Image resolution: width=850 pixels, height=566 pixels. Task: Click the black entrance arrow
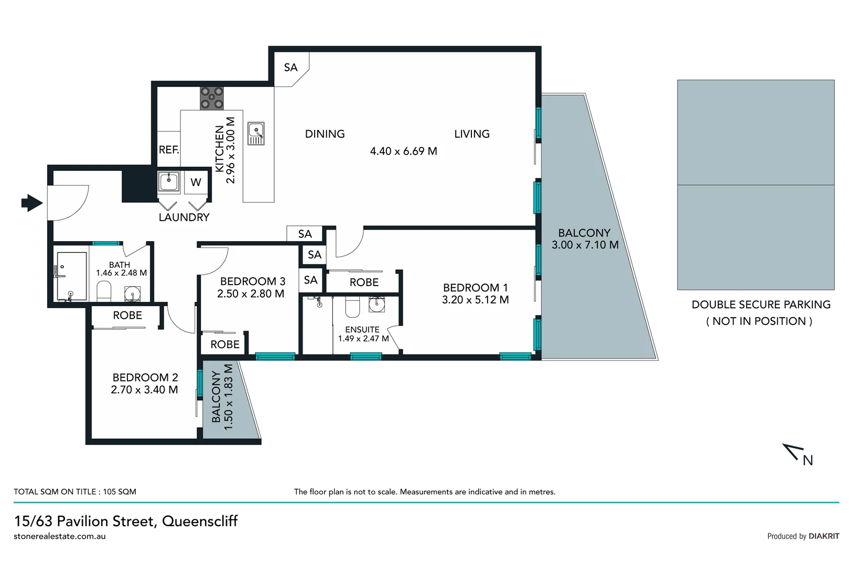[x=32, y=202]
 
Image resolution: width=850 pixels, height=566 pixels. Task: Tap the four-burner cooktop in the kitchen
[x=212, y=98]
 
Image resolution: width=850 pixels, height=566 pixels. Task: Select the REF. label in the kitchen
[x=169, y=150]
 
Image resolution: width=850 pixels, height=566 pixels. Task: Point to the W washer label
[x=196, y=182]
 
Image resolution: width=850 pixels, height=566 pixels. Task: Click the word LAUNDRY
[x=184, y=217]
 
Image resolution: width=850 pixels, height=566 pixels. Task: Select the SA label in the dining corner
[x=290, y=68]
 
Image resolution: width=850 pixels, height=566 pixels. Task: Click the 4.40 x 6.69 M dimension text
[x=403, y=151]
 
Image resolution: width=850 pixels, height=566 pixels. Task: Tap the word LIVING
[x=471, y=134]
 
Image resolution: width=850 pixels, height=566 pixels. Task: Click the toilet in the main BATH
[x=104, y=291]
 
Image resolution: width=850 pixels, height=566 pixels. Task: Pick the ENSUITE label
[x=362, y=330]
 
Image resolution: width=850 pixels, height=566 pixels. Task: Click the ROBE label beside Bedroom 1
[x=364, y=282]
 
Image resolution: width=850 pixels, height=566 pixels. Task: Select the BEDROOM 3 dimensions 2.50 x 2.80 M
[x=251, y=294]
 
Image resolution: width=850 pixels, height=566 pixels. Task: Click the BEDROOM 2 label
[x=145, y=377]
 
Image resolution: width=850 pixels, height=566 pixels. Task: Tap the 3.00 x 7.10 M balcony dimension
[x=585, y=245]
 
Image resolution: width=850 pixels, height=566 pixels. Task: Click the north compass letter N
[x=808, y=460]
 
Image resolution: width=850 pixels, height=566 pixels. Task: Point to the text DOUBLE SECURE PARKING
[x=760, y=304]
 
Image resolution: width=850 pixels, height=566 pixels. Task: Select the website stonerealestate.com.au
[x=60, y=536]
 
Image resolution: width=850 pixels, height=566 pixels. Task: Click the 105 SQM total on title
[x=120, y=492]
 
